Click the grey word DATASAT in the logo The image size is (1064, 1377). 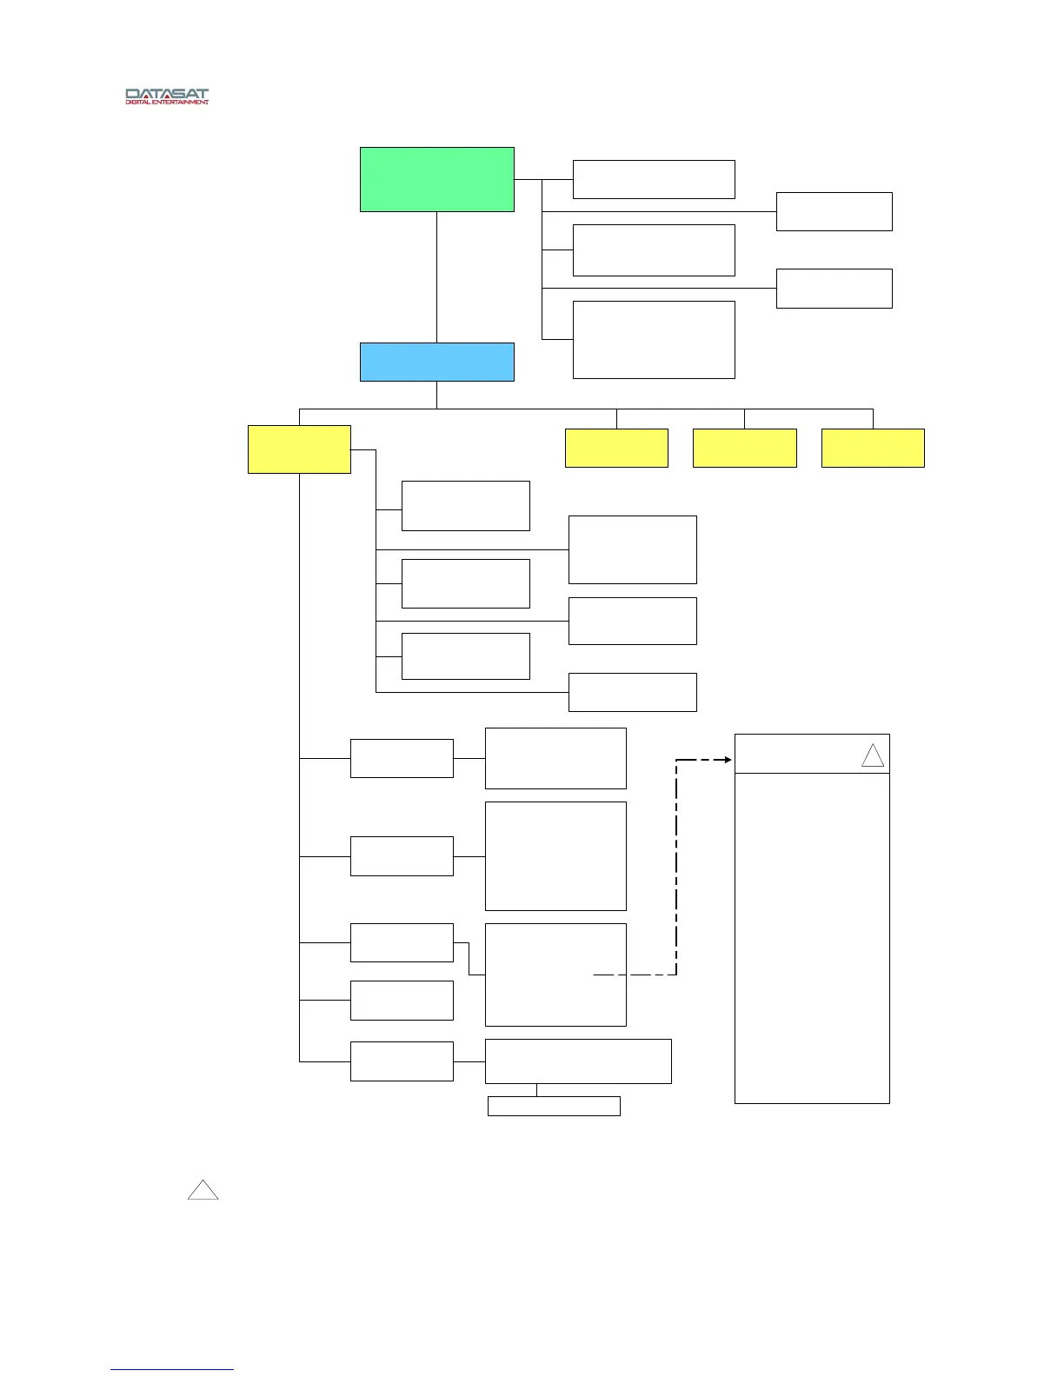[x=167, y=93]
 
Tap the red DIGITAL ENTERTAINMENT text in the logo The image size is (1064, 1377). [x=167, y=102]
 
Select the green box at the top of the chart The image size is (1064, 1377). [x=436, y=179]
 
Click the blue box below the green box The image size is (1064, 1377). [x=436, y=362]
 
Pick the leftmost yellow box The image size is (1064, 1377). [x=299, y=449]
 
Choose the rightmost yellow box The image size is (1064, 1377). [x=873, y=448]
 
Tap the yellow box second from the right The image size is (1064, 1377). [x=744, y=448]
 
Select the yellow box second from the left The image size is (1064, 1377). [x=616, y=448]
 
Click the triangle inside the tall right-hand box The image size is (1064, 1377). [x=873, y=756]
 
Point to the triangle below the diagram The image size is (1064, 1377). [x=203, y=1191]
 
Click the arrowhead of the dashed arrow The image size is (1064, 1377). [x=728, y=760]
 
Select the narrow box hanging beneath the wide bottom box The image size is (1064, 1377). [x=554, y=1106]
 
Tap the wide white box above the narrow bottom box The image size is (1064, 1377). [x=578, y=1061]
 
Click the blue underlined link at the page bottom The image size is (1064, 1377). [x=172, y=1369]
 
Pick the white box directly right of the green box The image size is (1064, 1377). [x=654, y=179]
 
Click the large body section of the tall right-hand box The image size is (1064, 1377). [x=812, y=937]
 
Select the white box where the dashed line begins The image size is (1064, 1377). [x=555, y=975]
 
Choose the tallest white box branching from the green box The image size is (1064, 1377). [x=654, y=339]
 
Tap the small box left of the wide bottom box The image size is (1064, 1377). [x=402, y=1061]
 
